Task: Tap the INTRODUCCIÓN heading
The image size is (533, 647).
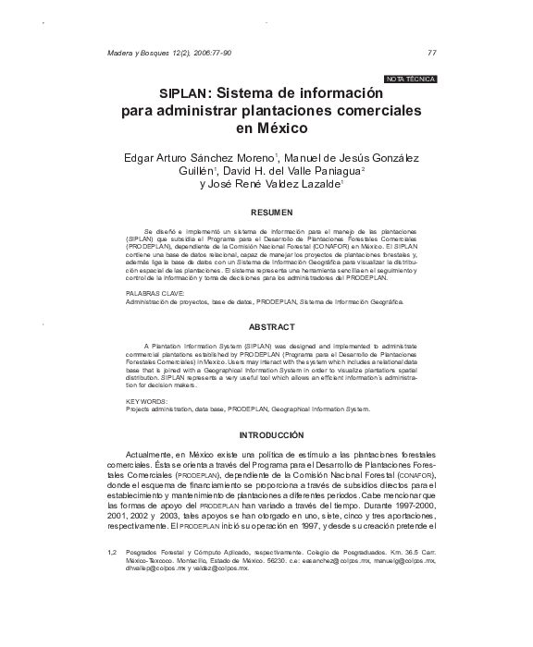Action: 271,434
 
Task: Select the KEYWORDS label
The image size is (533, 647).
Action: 145,401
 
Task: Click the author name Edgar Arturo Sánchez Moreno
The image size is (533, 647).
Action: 199,156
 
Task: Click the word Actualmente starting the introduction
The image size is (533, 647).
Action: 148,455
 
